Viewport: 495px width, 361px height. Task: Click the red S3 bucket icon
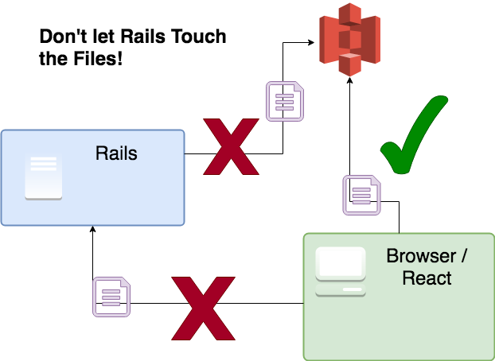(x=350, y=40)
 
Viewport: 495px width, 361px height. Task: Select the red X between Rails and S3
(x=231, y=147)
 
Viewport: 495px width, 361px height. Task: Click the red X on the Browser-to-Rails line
(x=203, y=309)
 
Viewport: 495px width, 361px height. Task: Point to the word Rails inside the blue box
(x=116, y=153)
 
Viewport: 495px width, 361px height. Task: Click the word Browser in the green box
(x=421, y=255)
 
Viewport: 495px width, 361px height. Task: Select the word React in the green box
(x=427, y=278)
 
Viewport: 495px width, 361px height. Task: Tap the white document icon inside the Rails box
(x=44, y=176)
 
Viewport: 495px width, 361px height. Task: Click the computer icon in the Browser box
(x=341, y=272)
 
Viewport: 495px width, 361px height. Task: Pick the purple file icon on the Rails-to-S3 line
(x=285, y=101)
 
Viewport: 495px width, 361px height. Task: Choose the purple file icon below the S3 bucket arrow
(x=362, y=196)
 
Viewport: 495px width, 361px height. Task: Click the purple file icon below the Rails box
(x=111, y=297)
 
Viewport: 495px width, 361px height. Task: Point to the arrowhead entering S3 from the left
(x=311, y=42)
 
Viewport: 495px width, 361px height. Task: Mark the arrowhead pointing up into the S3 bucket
(x=350, y=80)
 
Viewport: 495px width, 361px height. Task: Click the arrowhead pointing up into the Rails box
(x=92, y=229)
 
